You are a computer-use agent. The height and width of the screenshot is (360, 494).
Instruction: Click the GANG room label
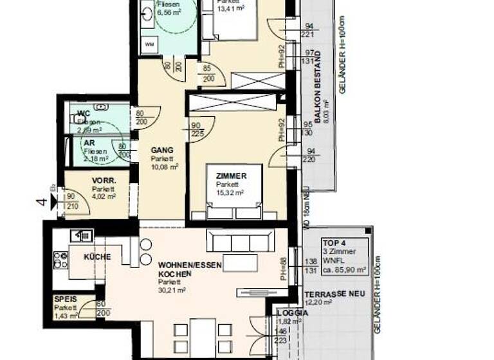[162, 150]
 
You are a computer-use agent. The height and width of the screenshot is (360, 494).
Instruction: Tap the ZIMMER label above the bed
[230, 175]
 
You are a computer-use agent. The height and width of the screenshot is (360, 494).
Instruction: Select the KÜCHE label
[97, 257]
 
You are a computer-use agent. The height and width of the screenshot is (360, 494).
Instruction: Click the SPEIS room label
[66, 300]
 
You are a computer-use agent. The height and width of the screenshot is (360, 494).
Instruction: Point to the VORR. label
[103, 181]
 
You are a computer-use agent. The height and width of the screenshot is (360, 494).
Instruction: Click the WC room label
[84, 114]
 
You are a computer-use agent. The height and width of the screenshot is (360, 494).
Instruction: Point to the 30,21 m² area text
[172, 291]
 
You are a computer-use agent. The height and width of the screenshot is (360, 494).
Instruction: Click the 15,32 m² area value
[230, 192]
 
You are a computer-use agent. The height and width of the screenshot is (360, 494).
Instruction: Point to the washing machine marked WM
[149, 45]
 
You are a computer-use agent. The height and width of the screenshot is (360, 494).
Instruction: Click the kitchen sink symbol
[83, 236]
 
